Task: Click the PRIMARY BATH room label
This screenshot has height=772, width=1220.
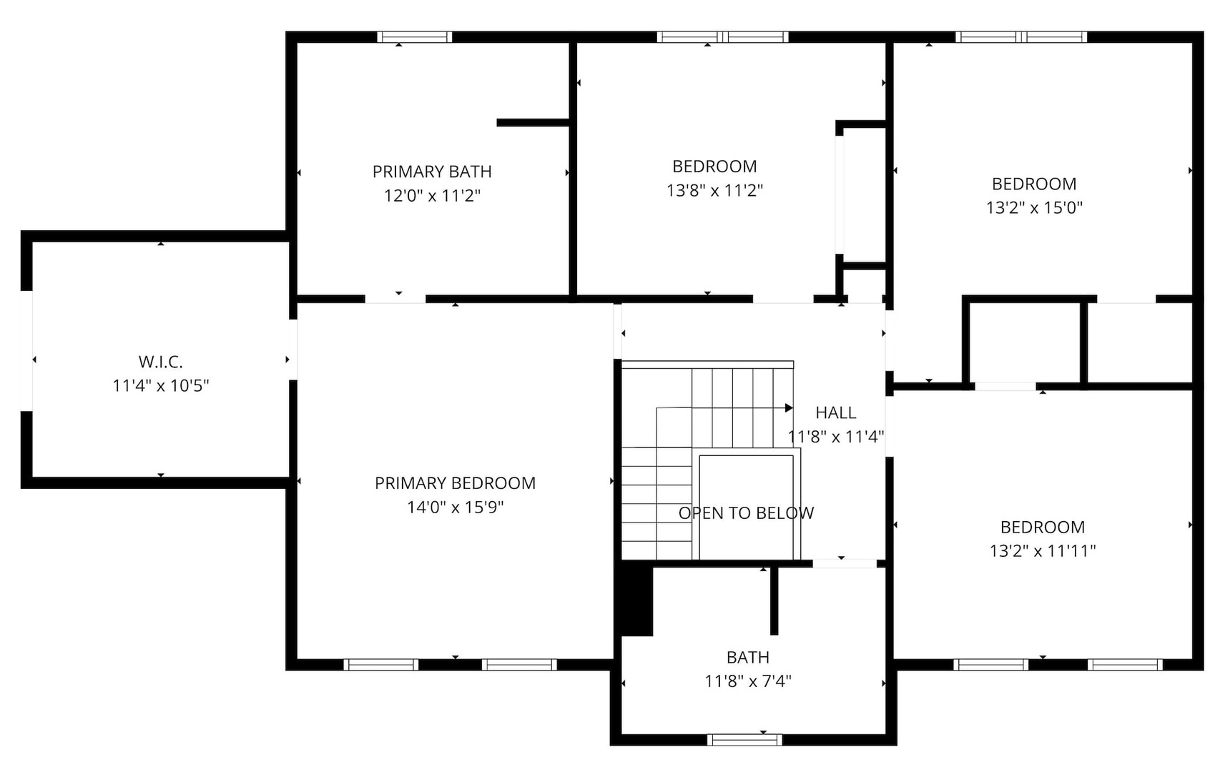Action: point(432,172)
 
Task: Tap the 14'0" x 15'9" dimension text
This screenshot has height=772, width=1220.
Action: point(456,508)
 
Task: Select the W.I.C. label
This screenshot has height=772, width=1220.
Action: point(161,362)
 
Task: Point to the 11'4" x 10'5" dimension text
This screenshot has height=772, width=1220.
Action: point(161,386)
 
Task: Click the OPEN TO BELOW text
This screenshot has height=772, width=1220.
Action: point(746,513)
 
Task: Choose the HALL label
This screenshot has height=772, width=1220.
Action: point(835,412)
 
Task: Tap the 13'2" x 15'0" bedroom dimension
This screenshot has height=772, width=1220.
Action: point(1034,208)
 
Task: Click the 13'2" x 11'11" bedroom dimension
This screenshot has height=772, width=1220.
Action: point(1043,551)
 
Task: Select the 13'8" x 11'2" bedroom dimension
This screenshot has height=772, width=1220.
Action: point(714,190)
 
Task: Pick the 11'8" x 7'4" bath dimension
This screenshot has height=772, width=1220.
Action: point(748,681)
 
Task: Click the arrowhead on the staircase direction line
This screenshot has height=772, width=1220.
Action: point(789,408)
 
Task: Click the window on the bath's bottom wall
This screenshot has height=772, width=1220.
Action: point(745,740)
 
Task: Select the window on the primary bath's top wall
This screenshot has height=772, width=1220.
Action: point(415,37)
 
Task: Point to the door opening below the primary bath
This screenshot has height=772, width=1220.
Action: point(395,299)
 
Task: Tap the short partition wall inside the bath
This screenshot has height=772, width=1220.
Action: point(774,600)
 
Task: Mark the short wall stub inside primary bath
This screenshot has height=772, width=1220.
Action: point(533,123)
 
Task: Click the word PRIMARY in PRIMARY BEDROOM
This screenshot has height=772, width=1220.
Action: point(410,483)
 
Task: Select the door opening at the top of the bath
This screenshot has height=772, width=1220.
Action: point(845,563)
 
